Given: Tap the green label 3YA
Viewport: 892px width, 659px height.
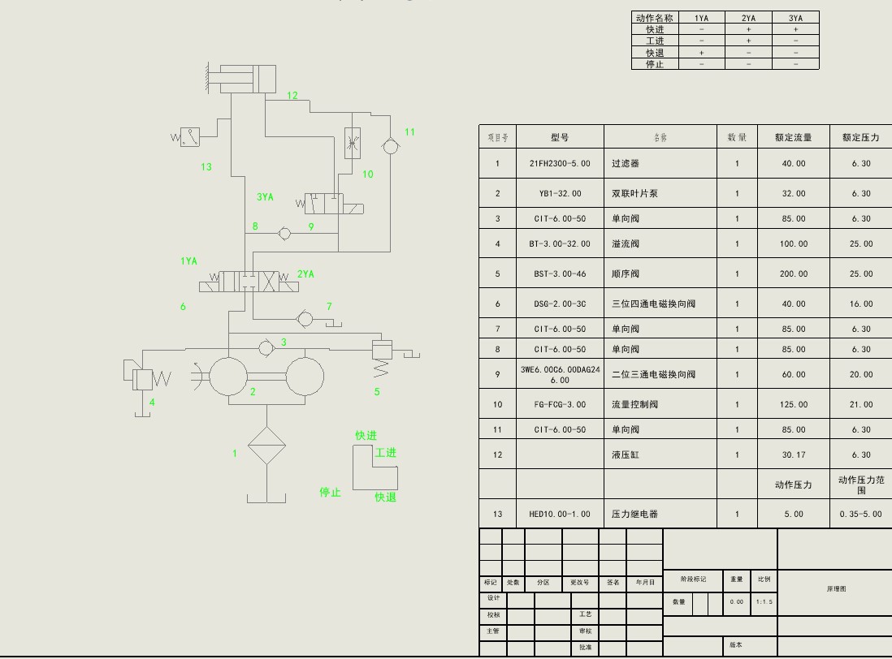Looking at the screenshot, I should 265,196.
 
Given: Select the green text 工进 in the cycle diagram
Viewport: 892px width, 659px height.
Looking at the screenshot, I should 385,453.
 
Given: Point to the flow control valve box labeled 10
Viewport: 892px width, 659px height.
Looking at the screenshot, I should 353,144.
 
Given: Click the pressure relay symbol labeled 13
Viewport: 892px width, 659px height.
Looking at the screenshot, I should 189,137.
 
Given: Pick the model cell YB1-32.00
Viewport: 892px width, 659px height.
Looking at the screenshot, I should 560,193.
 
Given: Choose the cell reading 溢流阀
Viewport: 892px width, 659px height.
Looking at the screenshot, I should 626,243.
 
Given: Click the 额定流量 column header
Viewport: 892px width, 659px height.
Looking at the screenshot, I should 793,137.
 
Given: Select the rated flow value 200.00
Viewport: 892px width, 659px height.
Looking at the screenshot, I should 793,274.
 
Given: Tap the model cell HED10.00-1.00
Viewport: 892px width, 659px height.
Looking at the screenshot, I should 560,514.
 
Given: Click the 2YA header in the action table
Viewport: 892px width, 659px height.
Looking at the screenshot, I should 748,18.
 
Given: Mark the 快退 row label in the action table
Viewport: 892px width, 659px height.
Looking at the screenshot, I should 655,53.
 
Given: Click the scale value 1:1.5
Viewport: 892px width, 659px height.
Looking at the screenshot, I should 764,601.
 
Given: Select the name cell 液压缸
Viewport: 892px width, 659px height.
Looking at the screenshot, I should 626,454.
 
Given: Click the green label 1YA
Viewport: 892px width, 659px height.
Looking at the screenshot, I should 188,261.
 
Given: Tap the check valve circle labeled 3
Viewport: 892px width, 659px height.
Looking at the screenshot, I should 265,347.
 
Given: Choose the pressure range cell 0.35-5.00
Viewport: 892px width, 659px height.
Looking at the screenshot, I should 860,514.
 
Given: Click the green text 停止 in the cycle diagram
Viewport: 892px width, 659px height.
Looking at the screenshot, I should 330,493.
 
